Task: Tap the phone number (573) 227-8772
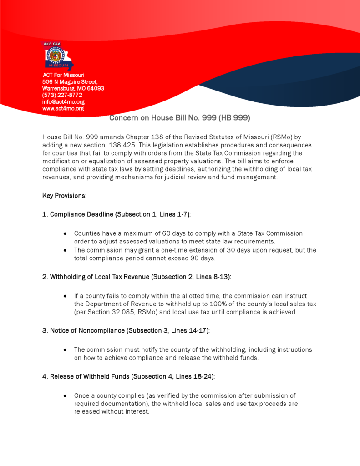tap(62, 95)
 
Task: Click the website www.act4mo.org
tap(63, 109)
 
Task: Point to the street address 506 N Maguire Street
tap(69, 81)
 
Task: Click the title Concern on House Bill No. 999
tap(180, 118)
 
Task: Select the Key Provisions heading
tap(64, 196)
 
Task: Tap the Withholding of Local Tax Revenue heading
tap(137, 277)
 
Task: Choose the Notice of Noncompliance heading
tap(126, 331)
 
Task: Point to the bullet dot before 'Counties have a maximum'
tap(66, 233)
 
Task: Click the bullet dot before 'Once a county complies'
tap(66, 396)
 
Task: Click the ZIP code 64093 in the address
tap(96, 88)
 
